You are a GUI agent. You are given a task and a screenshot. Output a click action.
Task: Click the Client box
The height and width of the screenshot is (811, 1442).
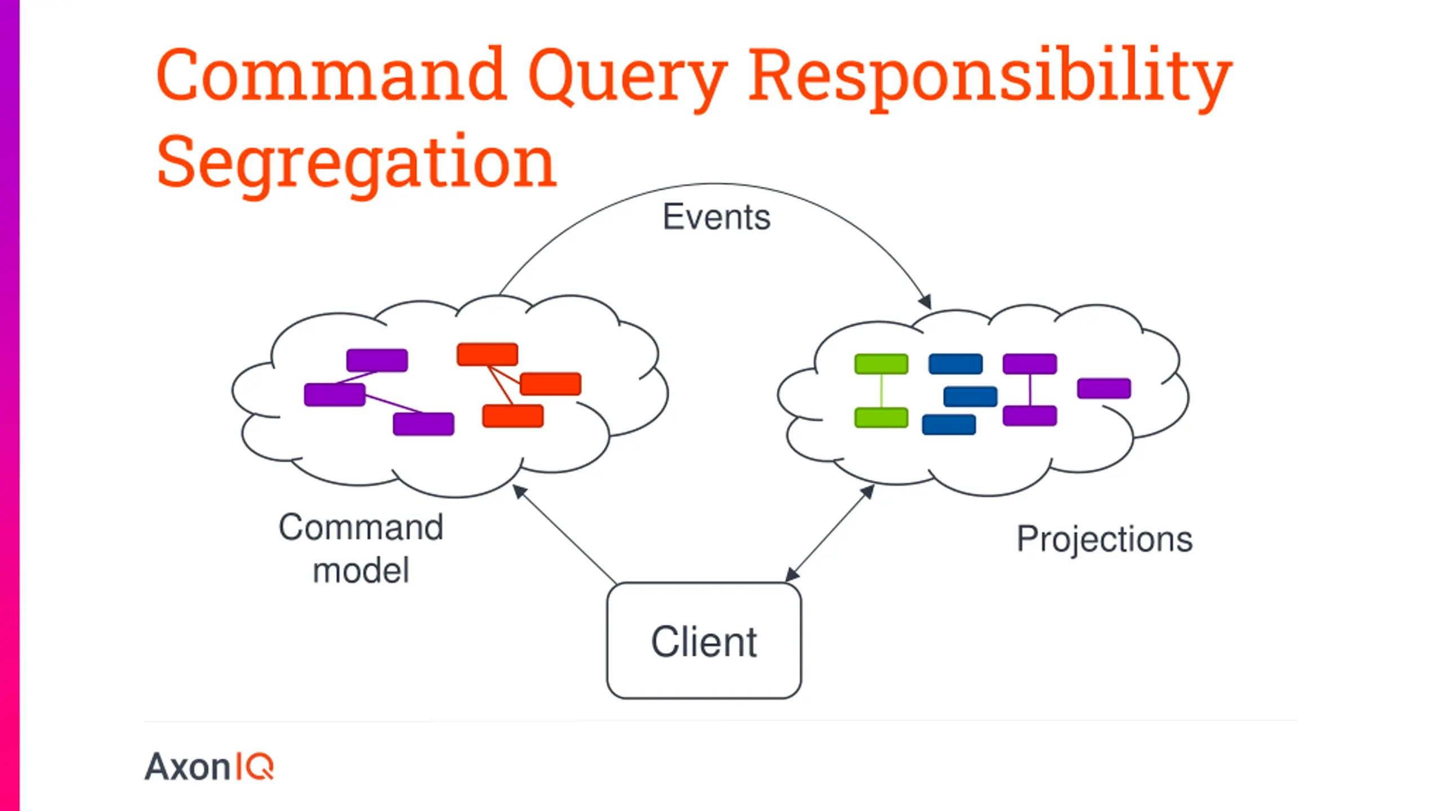(x=704, y=641)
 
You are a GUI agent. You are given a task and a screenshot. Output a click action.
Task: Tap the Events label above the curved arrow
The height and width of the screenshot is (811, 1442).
(x=716, y=217)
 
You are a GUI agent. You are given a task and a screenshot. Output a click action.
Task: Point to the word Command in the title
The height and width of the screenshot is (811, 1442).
(x=331, y=75)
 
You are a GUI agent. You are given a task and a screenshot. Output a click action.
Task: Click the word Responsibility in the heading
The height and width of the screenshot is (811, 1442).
(x=990, y=79)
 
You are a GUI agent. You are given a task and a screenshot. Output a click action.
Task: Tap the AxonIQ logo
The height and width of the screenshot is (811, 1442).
(x=209, y=767)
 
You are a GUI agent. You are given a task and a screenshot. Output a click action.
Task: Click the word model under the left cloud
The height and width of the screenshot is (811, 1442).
(x=360, y=571)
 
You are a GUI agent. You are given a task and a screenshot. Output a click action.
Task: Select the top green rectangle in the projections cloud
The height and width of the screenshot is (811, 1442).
(x=881, y=364)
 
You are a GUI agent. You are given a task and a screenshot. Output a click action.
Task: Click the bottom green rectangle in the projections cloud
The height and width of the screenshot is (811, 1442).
(x=881, y=418)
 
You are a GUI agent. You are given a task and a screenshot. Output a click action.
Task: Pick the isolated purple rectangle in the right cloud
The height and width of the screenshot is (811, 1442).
(x=1103, y=389)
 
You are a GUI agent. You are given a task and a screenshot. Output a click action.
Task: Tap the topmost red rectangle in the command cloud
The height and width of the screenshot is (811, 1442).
(x=487, y=355)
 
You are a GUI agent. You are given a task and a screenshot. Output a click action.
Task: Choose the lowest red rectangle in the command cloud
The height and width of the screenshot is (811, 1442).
(x=513, y=416)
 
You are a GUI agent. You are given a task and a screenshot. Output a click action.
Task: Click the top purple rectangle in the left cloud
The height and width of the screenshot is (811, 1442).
(x=377, y=360)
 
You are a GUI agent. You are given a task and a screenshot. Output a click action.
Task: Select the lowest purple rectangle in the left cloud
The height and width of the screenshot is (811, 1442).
(x=423, y=424)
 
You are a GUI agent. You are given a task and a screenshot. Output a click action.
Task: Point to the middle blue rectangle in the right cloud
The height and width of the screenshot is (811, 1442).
(x=970, y=396)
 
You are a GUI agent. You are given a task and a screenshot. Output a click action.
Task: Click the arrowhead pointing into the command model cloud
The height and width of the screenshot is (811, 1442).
(x=519, y=492)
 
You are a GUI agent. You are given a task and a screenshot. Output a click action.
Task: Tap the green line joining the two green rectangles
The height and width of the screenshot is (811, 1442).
(x=881, y=391)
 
